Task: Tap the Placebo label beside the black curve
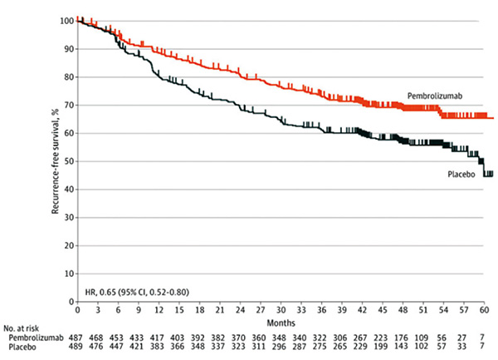pyautogui.click(x=454, y=173)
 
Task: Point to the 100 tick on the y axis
pyautogui.click(x=66, y=20)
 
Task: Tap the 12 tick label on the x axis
pyautogui.click(x=157, y=310)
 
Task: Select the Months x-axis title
pyautogui.click(x=280, y=321)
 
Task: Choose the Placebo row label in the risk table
pyautogui.click(x=25, y=350)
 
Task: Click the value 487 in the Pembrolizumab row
pyautogui.click(x=77, y=340)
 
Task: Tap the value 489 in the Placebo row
pyautogui.click(x=77, y=350)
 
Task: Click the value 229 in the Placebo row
pyautogui.click(x=362, y=350)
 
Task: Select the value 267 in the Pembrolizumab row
pyautogui.click(x=362, y=340)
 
